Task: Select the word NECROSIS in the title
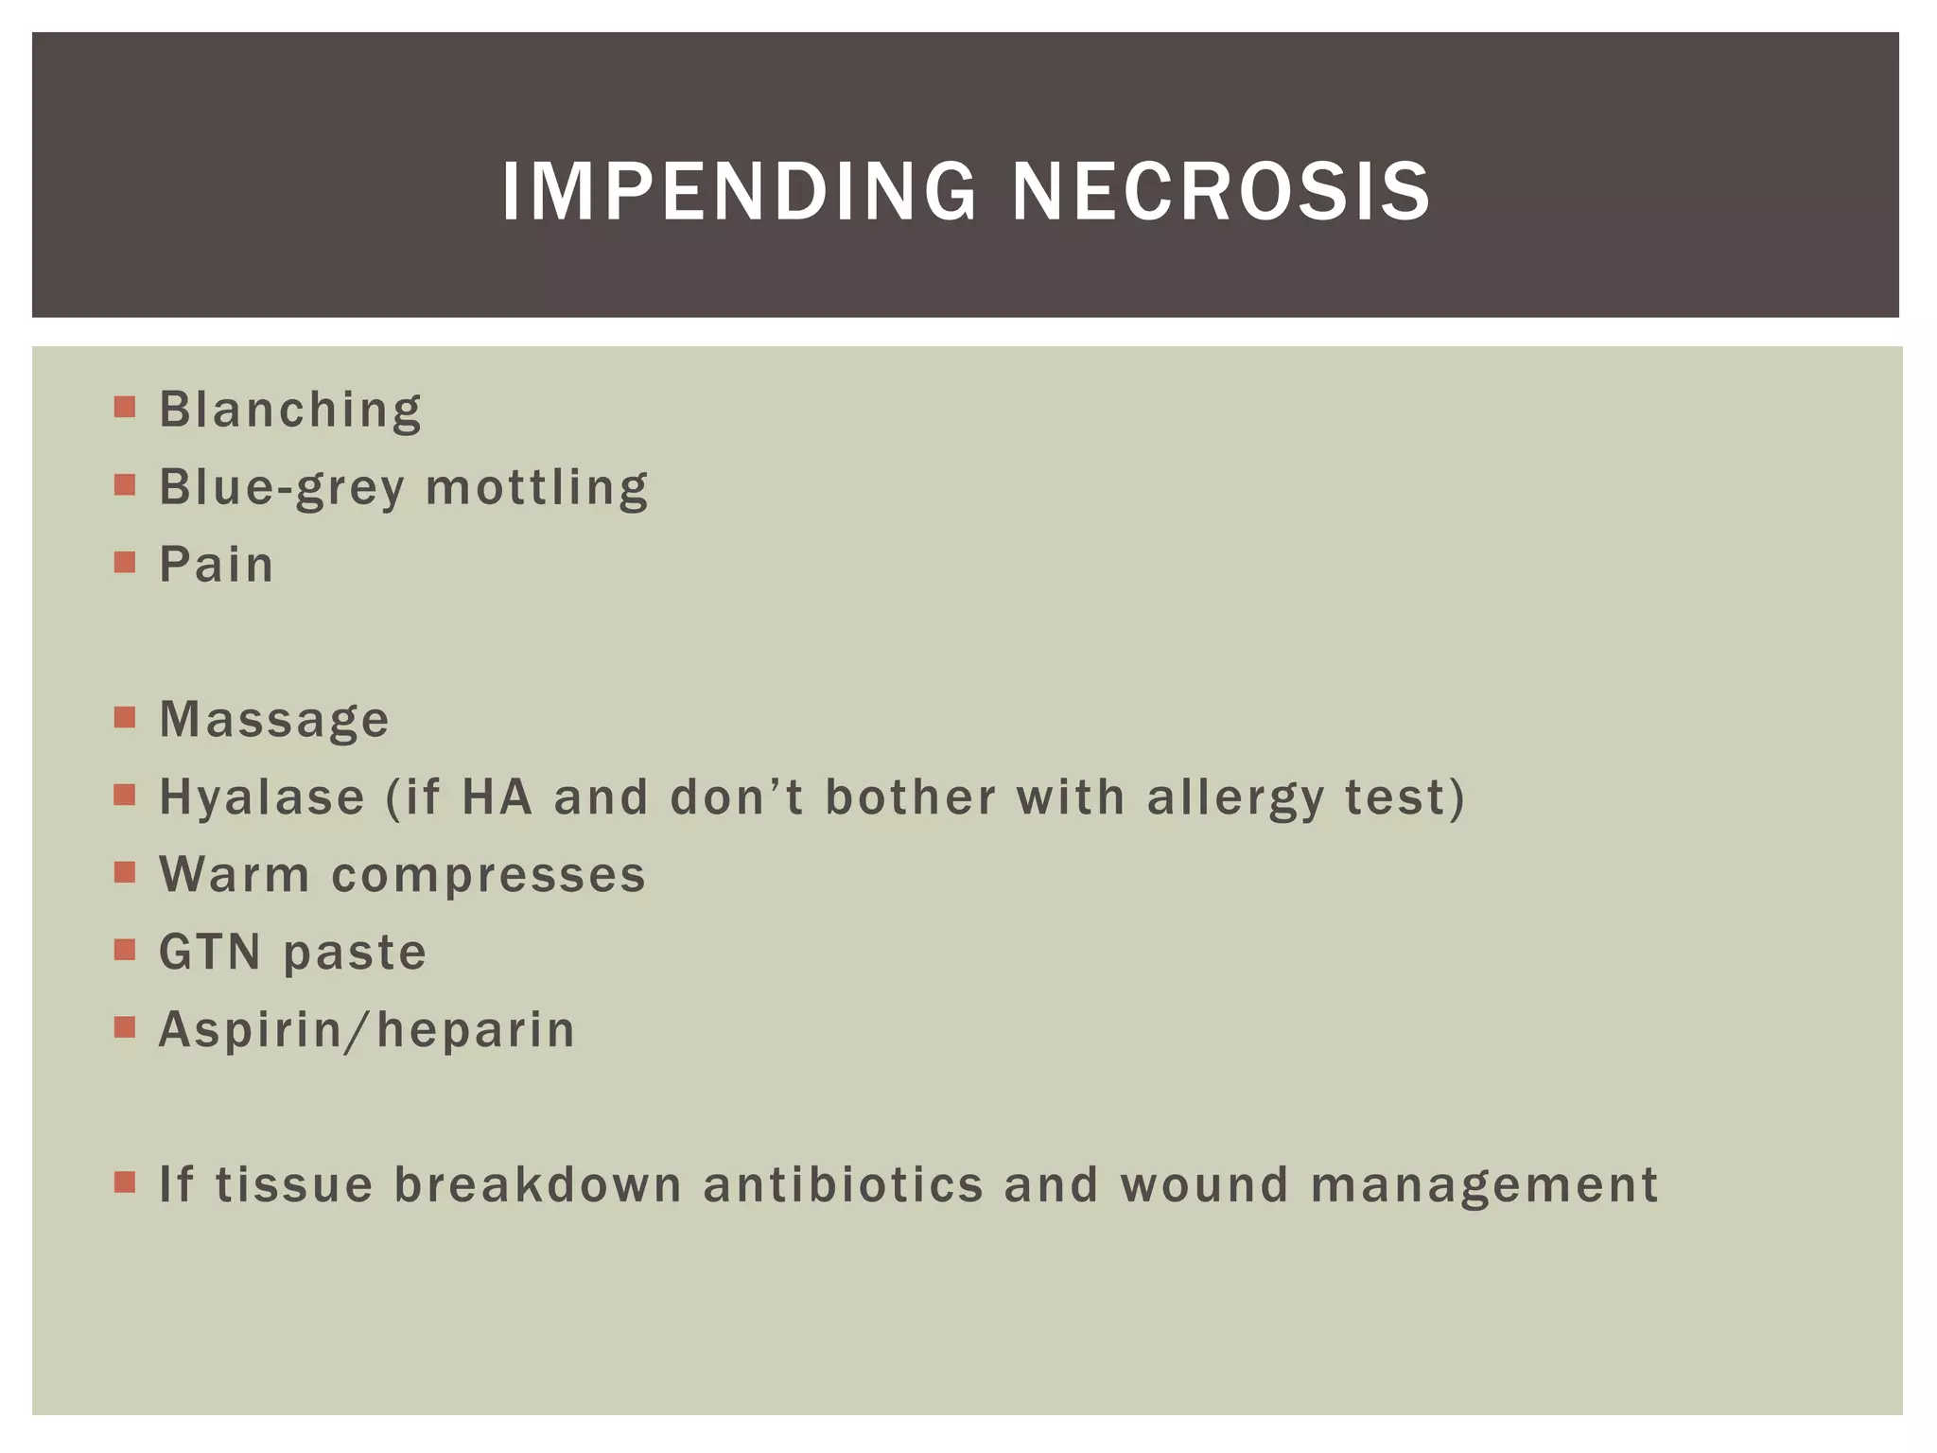pos(1221,192)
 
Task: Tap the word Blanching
pos(290,411)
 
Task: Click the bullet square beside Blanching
pos(124,408)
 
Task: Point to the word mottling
pos(537,488)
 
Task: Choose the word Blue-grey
pos(282,490)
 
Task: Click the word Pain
pos(217,565)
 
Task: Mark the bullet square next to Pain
pos(124,563)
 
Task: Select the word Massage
pos(274,721)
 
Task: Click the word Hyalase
pos(262,797)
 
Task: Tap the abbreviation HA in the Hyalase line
pos(497,797)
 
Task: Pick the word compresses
pos(488,875)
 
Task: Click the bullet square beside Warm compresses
pos(124,872)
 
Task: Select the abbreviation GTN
pos(210,952)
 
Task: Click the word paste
pos(355,954)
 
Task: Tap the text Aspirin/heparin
pos(367,1030)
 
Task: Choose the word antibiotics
pos(844,1184)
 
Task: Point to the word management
pos(1484,1186)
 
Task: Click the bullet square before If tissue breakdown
pos(124,1182)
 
